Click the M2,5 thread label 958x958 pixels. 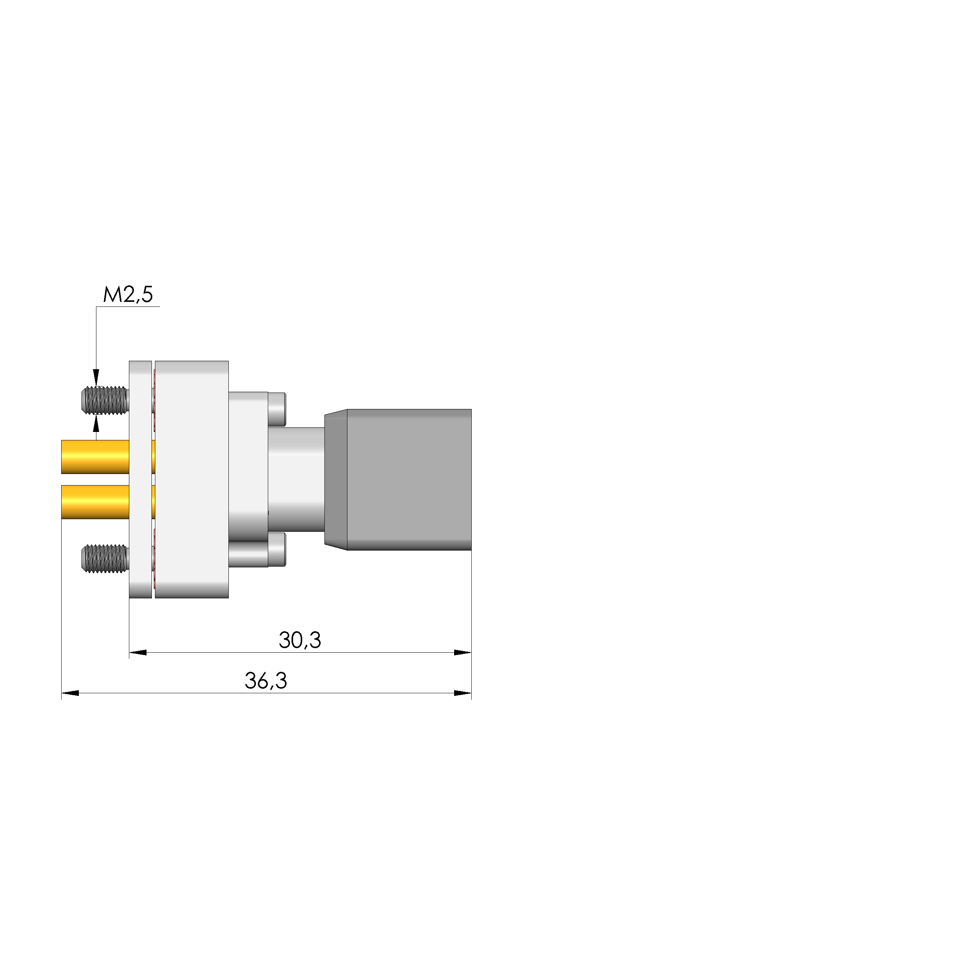tap(128, 295)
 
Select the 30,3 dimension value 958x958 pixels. tap(300, 640)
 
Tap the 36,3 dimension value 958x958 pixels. tap(266, 681)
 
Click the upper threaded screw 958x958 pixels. tap(104, 400)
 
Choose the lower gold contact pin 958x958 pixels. tap(95, 502)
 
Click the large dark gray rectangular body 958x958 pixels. tap(409, 479)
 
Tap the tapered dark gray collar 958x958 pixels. tap(336, 479)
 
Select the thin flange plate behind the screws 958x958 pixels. tap(140, 479)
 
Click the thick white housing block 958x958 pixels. tap(192, 479)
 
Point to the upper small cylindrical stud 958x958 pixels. tap(277, 409)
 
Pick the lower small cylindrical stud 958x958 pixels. tap(277, 549)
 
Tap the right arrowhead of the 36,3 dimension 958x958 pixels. tap(463, 693)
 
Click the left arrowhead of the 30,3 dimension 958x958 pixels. tap(138, 653)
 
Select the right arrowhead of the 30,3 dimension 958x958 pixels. tap(463, 653)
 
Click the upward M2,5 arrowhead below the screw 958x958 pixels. tap(96, 424)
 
